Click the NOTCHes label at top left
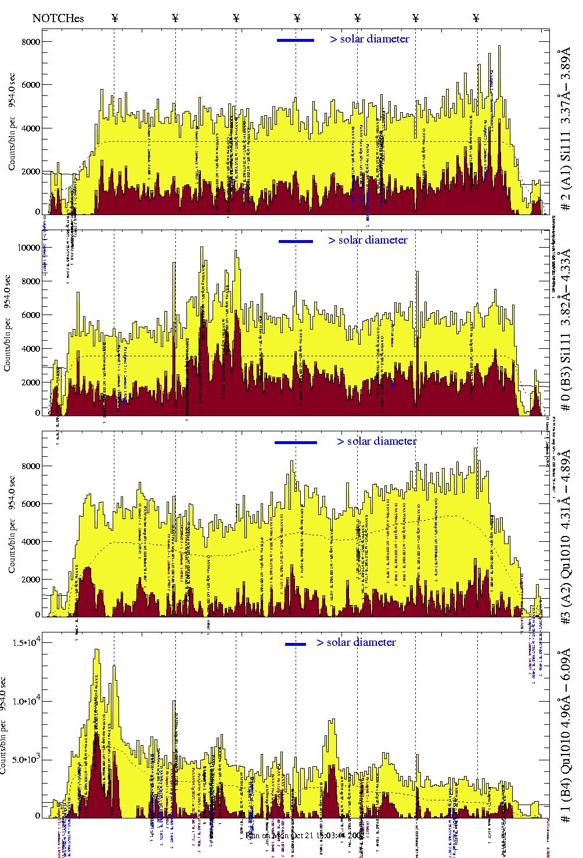58,18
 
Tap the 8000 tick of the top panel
31,42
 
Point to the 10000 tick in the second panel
28,248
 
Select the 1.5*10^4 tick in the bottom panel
25,642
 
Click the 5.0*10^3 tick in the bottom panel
25,759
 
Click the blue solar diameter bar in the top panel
296,40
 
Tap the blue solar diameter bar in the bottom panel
296,644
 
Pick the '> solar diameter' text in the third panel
376,441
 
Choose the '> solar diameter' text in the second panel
368,240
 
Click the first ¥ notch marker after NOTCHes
115,18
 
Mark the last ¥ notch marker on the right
476,18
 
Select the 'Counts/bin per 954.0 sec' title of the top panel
12,122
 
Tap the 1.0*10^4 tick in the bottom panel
25,701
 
